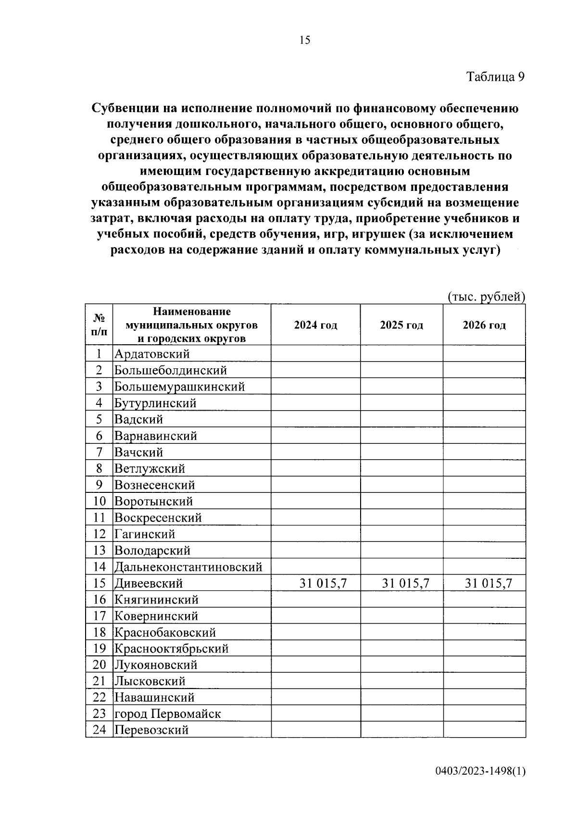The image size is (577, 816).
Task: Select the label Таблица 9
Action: tap(495, 77)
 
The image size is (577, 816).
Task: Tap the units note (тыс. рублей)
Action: tap(486, 297)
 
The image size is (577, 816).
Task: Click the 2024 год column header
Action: tap(315, 325)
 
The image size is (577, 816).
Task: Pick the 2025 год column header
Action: tap(401, 325)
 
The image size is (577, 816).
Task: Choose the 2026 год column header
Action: tap(484, 325)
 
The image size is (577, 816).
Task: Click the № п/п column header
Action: tap(99, 325)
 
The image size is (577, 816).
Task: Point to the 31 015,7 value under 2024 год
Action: tap(323, 584)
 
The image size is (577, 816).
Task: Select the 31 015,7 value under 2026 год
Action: tap(488, 584)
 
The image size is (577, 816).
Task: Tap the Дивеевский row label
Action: tap(149, 584)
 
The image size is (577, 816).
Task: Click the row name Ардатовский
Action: tap(152, 354)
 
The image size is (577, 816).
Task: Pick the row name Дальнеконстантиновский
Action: tap(188, 567)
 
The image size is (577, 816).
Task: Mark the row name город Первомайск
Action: tap(167, 714)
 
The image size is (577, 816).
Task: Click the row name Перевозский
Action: tap(151, 730)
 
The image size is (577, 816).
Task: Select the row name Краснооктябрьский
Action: tap(171, 649)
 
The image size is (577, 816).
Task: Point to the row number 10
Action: tap(99, 502)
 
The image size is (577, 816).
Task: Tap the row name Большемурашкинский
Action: tap(179, 387)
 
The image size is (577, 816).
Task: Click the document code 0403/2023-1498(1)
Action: tap(480, 785)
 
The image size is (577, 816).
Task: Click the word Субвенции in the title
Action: tap(123, 109)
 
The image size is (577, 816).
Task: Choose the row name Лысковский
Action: tap(150, 681)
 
